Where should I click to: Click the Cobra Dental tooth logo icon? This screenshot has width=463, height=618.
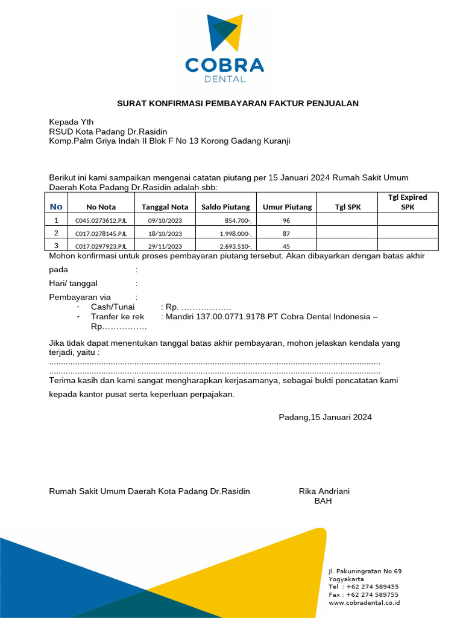click(x=225, y=33)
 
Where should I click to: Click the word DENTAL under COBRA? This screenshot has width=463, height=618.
click(x=225, y=79)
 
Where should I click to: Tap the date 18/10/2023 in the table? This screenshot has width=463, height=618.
click(x=165, y=234)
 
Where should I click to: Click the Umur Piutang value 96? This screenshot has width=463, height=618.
click(x=286, y=221)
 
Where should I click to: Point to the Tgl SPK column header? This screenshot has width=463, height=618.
click(x=348, y=207)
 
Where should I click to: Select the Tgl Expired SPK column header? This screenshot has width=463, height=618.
click(x=408, y=202)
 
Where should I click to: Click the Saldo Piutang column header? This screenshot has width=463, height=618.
click(x=225, y=207)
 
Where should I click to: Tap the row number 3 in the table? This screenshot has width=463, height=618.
click(x=57, y=246)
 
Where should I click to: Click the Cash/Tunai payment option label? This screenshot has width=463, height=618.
click(x=113, y=307)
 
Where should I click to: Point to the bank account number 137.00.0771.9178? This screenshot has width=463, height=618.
click(x=228, y=317)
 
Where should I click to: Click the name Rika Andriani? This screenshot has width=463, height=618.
click(x=324, y=491)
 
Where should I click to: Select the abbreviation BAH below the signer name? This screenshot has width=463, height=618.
click(x=323, y=501)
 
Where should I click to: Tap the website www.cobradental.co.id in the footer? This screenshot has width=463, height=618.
click(x=364, y=602)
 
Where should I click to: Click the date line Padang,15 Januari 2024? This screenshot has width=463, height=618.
click(x=325, y=417)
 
